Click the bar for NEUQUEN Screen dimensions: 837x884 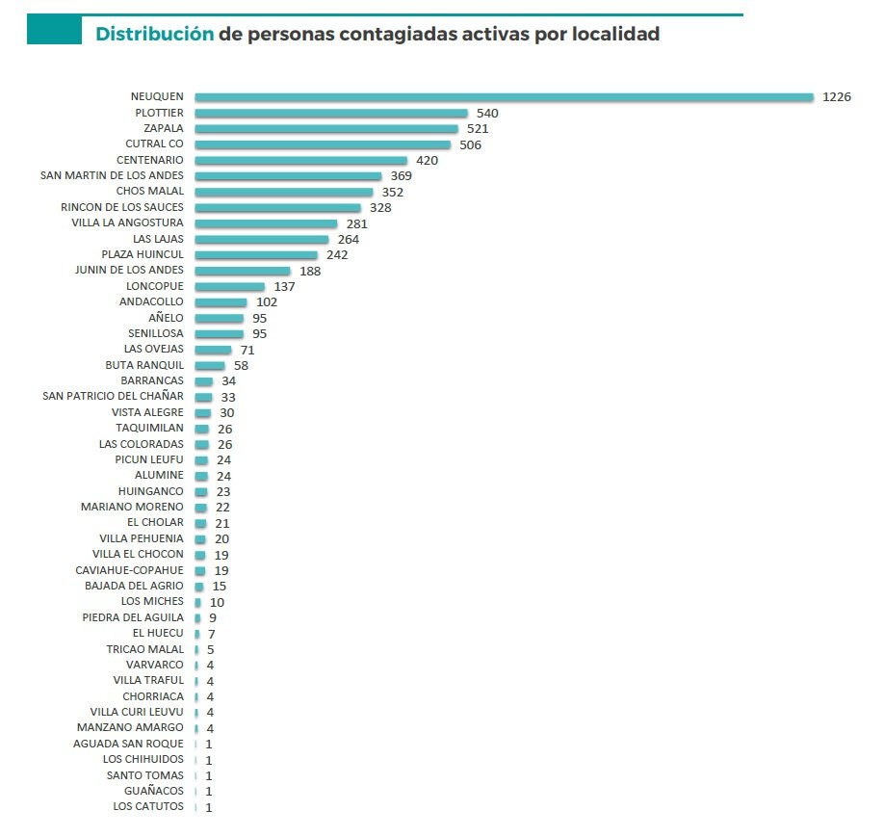tap(505, 97)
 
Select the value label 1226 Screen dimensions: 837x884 tap(837, 97)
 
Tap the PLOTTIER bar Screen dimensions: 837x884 tap(330, 113)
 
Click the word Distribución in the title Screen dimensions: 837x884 tap(154, 34)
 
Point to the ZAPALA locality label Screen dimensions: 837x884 tap(163, 128)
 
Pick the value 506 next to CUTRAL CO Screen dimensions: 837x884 tap(470, 144)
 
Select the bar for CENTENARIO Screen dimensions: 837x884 tap(300, 160)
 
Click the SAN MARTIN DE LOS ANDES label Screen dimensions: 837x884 tap(112, 175)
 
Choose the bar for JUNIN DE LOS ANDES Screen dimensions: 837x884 tap(242, 271)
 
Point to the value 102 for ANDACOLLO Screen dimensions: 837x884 tap(267, 302)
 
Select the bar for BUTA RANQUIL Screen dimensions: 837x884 tap(209, 365)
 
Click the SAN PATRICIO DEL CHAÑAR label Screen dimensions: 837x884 tap(113, 396)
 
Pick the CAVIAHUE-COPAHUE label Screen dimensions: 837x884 tap(129, 570)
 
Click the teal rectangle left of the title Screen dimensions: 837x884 tap(54, 31)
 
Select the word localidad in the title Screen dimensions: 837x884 tap(612, 34)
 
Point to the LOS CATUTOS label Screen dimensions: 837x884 tap(147, 806)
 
